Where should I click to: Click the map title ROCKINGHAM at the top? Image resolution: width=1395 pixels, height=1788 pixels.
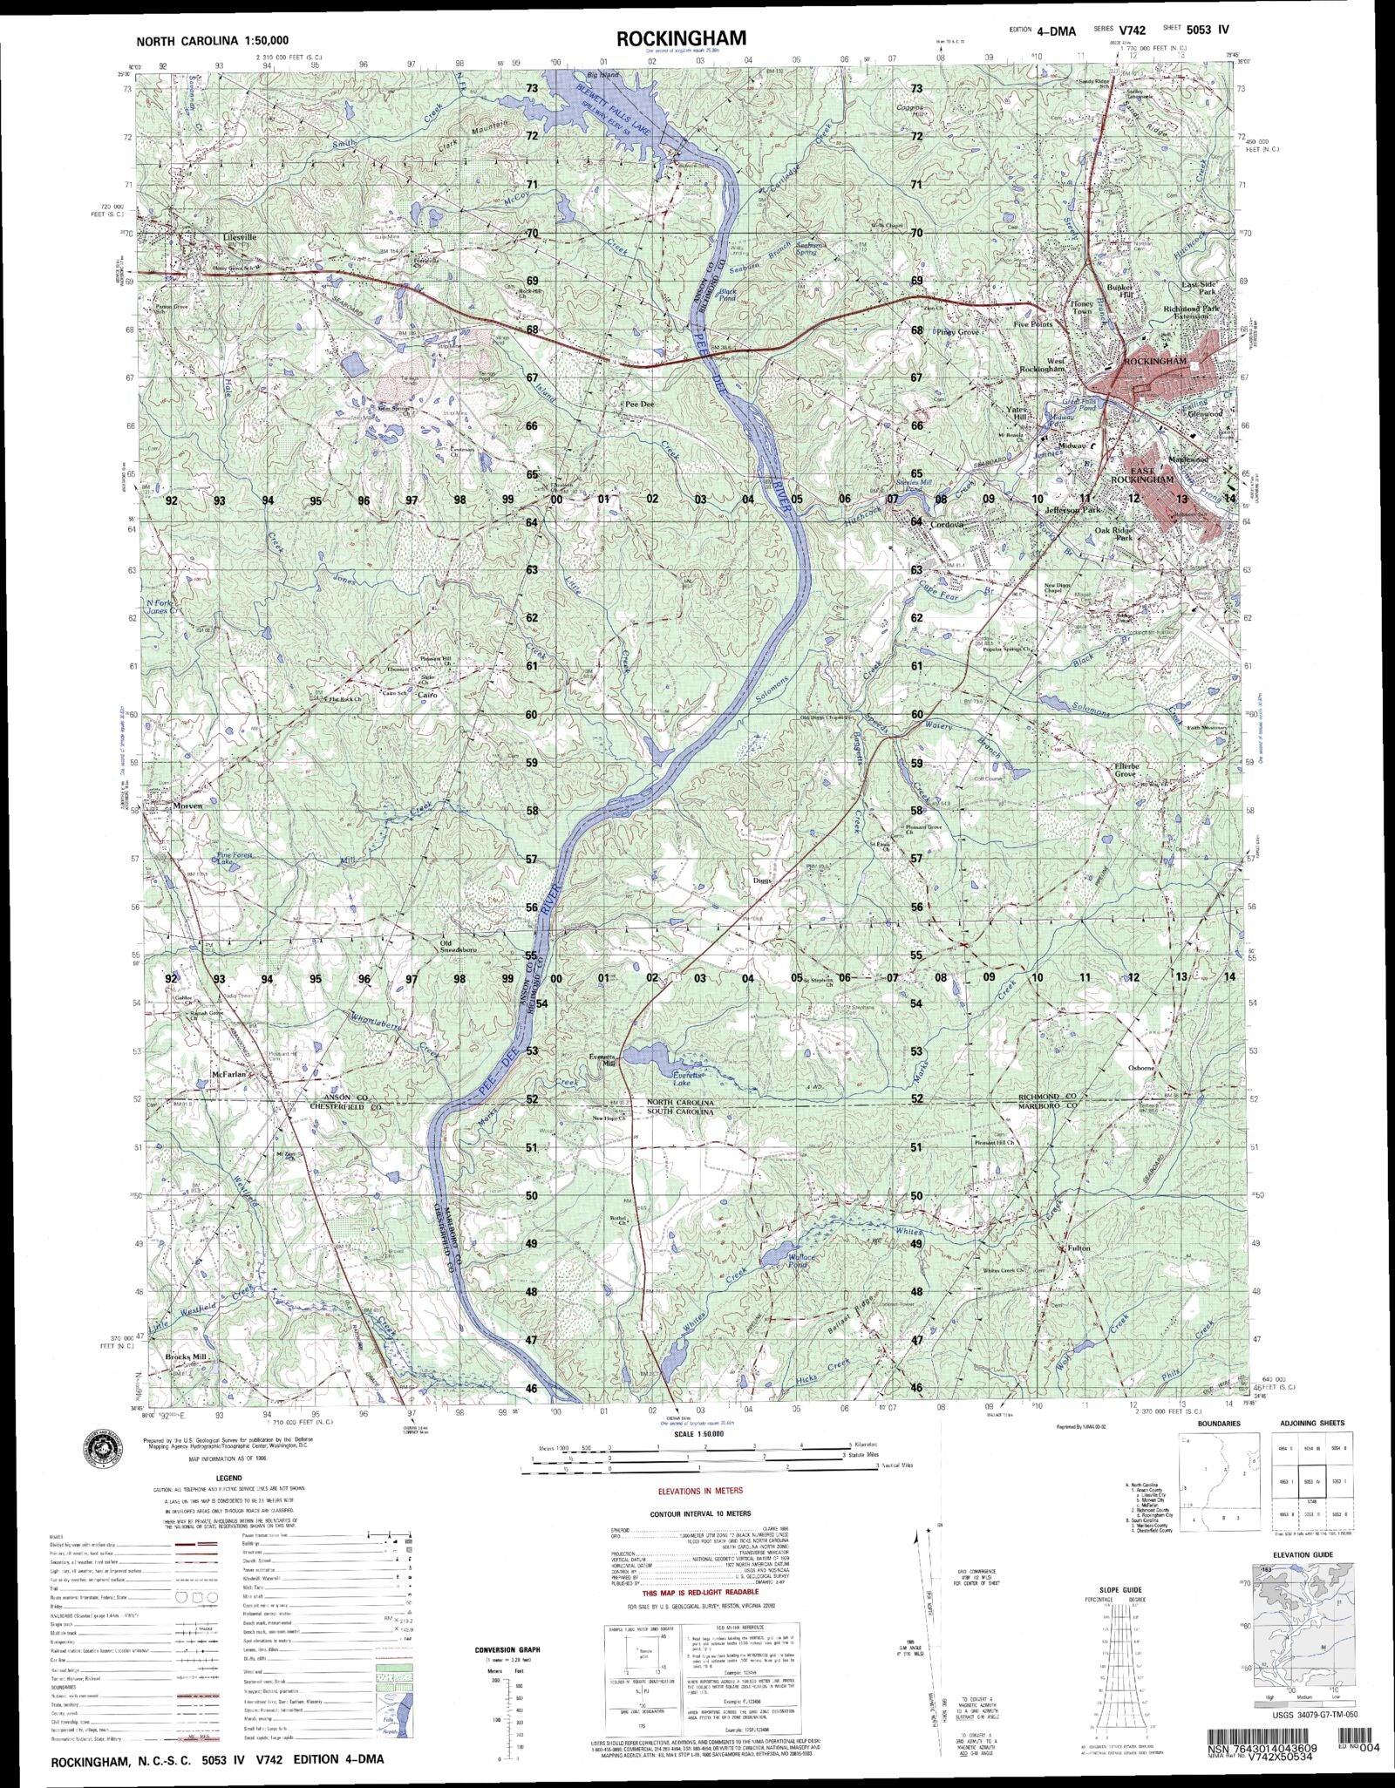coord(681,37)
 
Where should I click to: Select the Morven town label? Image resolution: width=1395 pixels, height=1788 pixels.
coord(187,806)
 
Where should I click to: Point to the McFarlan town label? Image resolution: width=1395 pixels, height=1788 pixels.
coord(230,1074)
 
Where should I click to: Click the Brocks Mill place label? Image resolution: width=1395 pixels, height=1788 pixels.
coord(187,1381)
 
